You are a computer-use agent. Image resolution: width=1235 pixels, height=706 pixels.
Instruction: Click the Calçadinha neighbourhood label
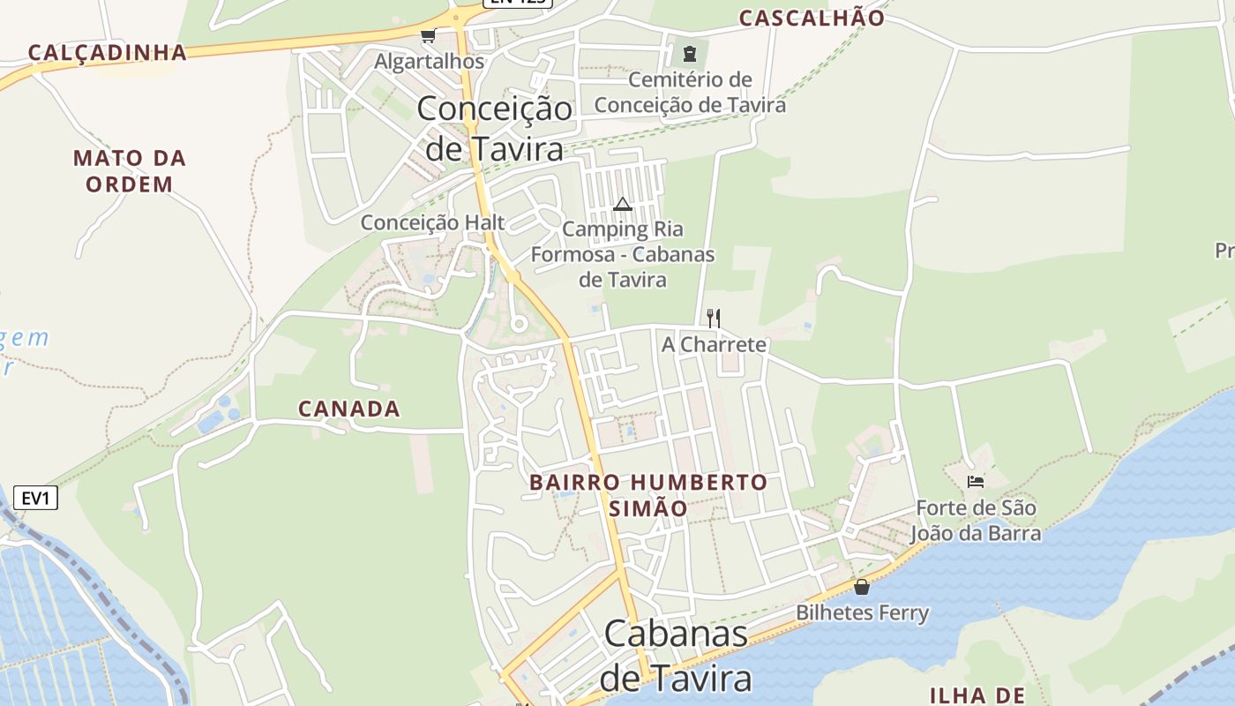coord(107,52)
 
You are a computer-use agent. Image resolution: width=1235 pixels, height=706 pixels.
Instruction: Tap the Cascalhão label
coord(812,18)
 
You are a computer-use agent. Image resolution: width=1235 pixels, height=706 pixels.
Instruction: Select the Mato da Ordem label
coord(130,171)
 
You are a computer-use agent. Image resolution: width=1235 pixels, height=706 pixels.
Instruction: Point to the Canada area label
coord(349,409)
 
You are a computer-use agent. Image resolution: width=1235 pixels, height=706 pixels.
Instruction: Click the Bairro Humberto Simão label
coord(648,495)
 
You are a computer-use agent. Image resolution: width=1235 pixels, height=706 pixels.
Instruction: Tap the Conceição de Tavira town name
coord(494,128)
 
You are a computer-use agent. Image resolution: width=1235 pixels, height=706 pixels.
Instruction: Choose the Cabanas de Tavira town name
coord(676,656)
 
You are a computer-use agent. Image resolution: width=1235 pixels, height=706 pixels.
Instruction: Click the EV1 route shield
coord(35,498)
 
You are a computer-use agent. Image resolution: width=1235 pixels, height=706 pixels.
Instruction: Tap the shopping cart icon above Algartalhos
coord(429,36)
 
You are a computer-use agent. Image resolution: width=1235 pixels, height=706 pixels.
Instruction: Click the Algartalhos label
coord(430,62)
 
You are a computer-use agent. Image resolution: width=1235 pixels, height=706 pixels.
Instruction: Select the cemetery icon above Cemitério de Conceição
coord(690,54)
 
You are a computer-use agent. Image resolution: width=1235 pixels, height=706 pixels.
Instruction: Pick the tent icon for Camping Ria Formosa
coord(623,205)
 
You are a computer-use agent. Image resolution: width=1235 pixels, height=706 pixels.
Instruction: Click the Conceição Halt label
coord(432,222)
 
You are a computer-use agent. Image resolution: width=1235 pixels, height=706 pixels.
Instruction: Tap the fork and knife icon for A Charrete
coord(714,318)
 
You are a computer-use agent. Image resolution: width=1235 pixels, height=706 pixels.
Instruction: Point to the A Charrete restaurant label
coord(715,344)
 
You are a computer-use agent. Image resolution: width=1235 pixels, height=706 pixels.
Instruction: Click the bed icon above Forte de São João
coord(976,482)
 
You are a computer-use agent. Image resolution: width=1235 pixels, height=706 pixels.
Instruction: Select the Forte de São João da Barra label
coord(976,521)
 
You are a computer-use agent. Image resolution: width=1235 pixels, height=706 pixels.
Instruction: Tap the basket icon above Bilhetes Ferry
coord(862,587)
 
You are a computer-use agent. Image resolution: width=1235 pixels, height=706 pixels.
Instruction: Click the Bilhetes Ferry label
coord(862,612)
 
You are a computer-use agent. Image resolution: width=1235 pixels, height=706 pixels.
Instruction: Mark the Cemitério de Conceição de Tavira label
coord(690,93)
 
